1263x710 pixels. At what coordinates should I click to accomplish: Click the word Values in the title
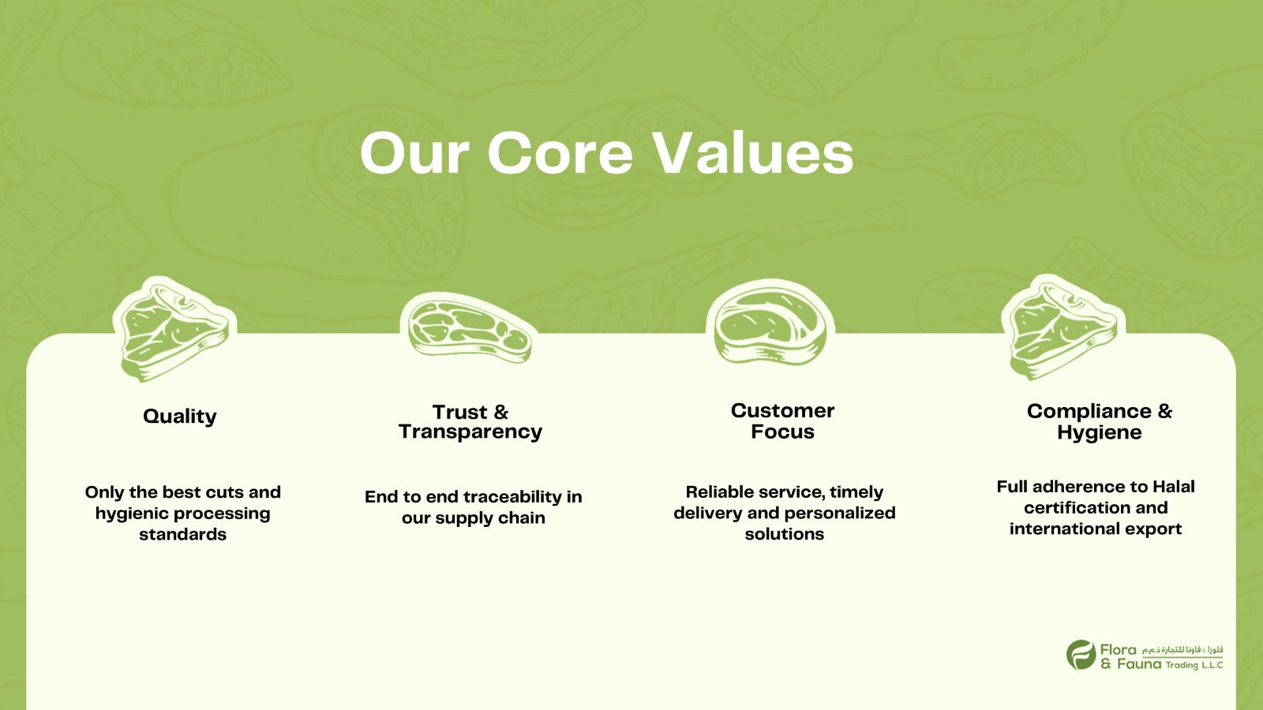[x=753, y=153]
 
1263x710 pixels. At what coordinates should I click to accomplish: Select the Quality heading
[x=180, y=417]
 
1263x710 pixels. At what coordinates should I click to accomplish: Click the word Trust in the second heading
[x=459, y=412]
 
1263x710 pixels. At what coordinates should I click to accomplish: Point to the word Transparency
[x=470, y=432]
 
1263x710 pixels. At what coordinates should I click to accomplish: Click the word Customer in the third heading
[x=782, y=411]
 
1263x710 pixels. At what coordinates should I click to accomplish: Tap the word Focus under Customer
[x=782, y=432]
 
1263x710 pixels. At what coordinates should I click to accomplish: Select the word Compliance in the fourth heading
[x=1089, y=412]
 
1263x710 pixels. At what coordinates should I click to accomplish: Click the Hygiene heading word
[x=1100, y=433]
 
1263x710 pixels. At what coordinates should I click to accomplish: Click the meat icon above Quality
[x=174, y=330]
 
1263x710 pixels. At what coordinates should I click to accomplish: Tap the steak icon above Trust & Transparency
[x=469, y=328]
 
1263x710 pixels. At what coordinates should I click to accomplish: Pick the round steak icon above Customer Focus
[x=770, y=323]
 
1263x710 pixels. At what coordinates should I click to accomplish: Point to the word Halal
[x=1173, y=487]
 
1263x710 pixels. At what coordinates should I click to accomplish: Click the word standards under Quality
[x=182, y=534]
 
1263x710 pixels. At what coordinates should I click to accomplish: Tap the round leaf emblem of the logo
[x=1081, y=655]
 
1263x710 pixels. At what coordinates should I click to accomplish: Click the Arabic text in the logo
[x=1182, y=650]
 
